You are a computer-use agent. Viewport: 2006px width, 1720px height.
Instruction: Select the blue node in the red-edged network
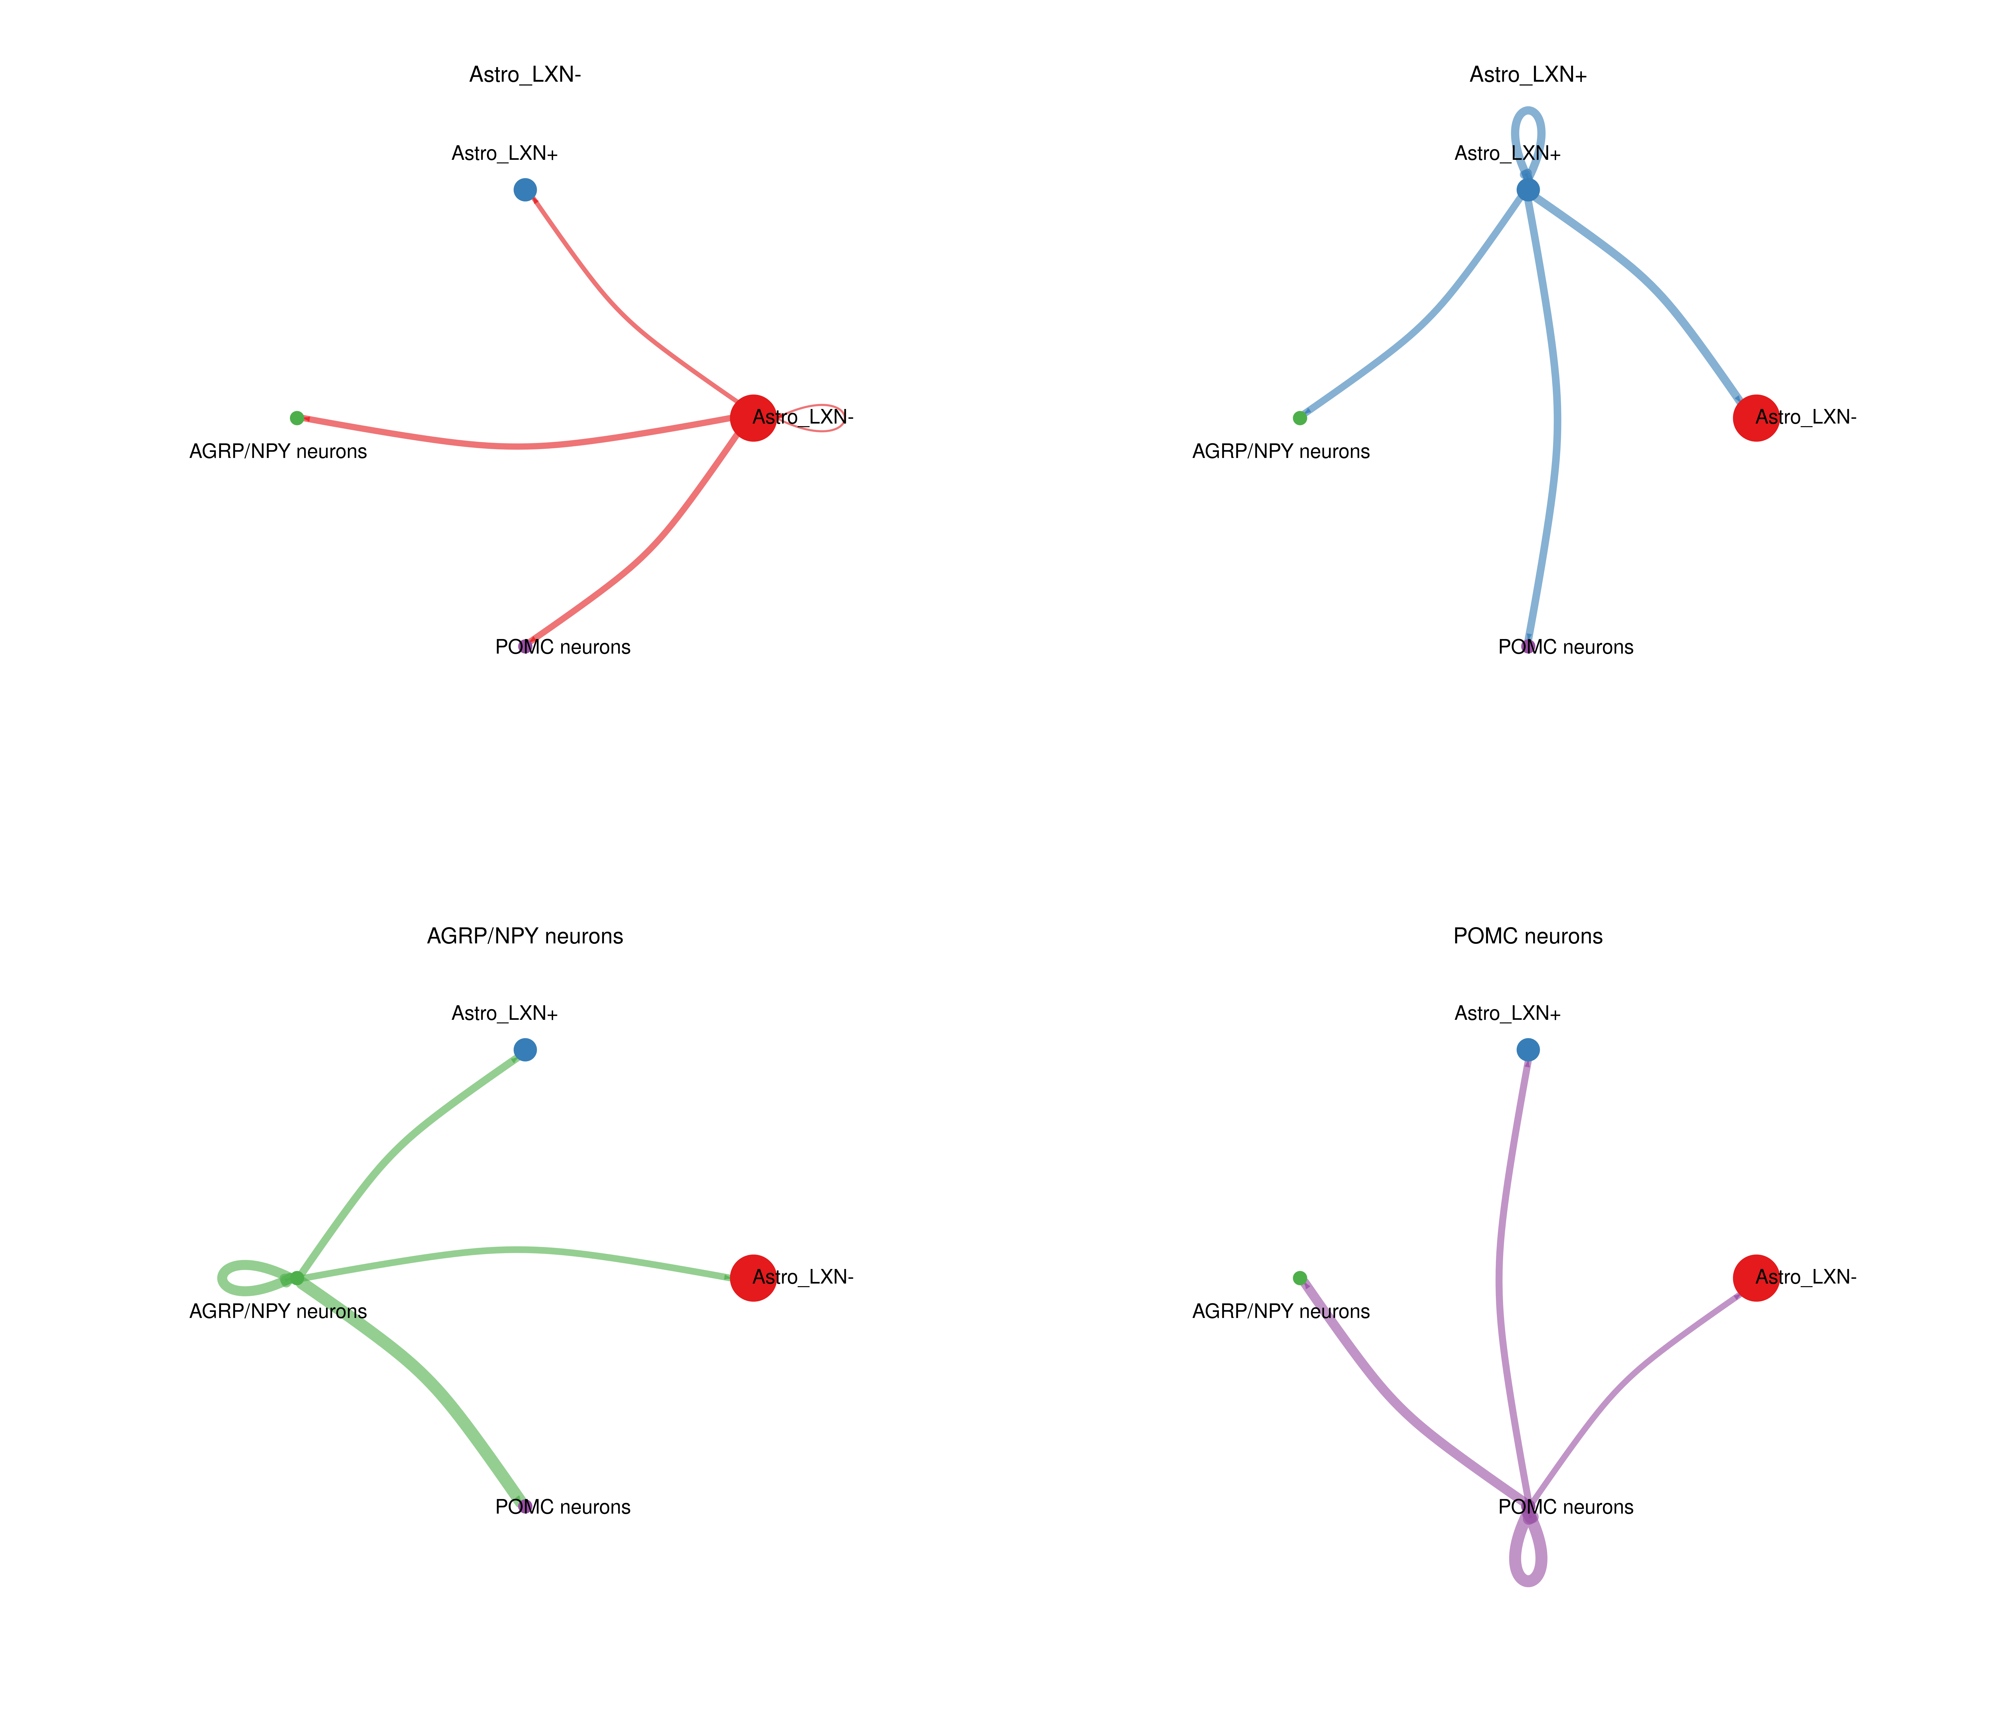click(x=525, y=190)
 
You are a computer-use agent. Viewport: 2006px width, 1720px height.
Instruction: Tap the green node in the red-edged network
click(x=296, y=418)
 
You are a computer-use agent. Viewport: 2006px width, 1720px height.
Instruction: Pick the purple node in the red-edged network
click(x=525, y=646)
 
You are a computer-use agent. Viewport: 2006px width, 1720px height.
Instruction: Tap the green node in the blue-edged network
click(x=1299, y=418)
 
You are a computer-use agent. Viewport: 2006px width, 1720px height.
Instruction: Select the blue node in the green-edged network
click(x=525, y=1050)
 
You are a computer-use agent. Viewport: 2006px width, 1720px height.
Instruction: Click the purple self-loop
click(x=1528, y=1579)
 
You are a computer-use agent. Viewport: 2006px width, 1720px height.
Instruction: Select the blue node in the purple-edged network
click(x=1528, y=1050)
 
